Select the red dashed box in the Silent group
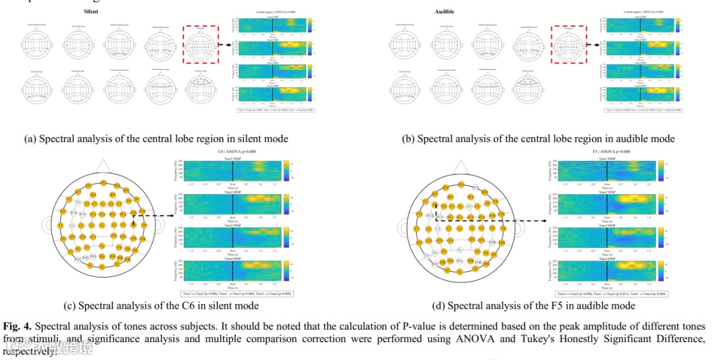pos(201,45)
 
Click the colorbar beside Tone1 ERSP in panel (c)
pos(287,171)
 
